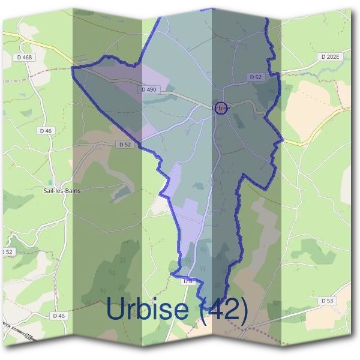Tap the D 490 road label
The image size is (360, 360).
pos(149,89)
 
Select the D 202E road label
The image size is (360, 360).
pos(330,57)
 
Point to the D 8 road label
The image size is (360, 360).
pos(187,281)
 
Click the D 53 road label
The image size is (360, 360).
pos(327,300)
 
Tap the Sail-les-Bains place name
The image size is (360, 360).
pos(62,190)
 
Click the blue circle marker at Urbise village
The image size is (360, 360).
pos(221,108)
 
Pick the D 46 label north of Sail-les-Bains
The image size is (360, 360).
pos(46,130)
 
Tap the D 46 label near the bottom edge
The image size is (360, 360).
pos(58,316)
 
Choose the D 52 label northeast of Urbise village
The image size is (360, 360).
pos(256,77)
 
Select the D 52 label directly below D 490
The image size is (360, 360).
pos(124,144)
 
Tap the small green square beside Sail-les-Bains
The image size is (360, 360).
pos(51,181)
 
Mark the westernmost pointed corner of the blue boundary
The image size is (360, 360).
pos(73,68)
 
